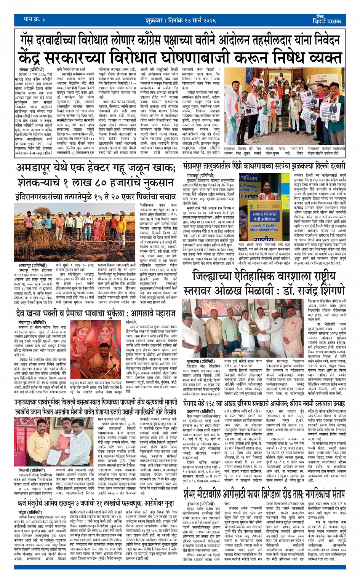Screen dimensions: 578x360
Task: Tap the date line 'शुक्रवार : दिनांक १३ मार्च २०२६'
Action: (180, 20)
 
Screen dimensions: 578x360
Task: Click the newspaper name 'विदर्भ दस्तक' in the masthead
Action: (327, 21)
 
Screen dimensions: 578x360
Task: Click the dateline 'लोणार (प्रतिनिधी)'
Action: (29, 70)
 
